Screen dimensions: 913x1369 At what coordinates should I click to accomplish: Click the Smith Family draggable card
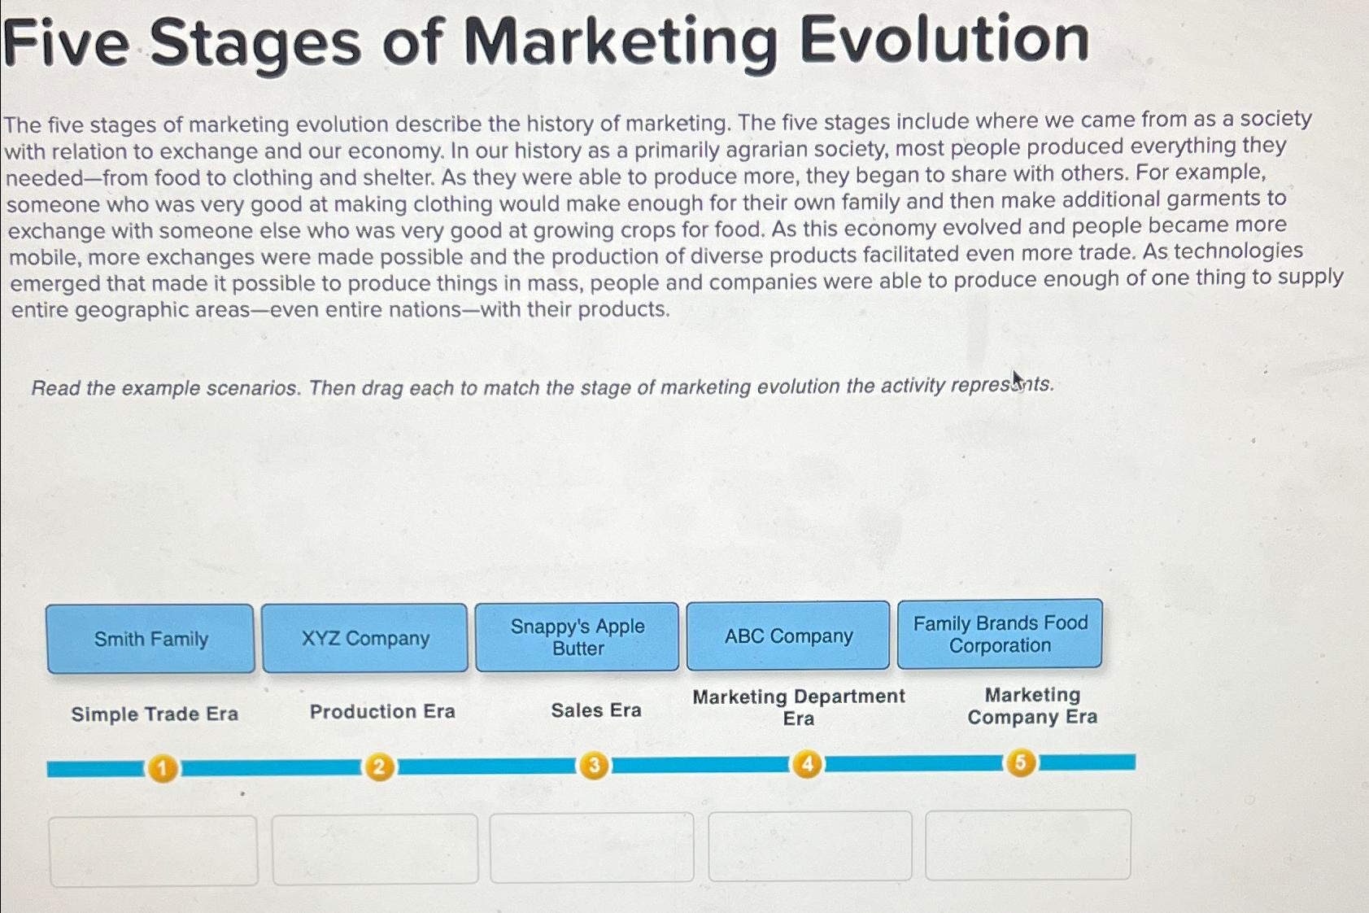click(150, 639)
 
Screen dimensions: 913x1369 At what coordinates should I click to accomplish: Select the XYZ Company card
click(365, 638)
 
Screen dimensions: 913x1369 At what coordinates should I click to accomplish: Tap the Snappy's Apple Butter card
click(577, 637)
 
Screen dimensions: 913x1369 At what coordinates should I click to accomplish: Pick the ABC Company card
click(788, 636)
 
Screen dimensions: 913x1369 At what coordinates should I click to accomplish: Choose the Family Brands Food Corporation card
click(1000, 634)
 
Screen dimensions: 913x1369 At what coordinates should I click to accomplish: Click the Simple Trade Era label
click(155, 714)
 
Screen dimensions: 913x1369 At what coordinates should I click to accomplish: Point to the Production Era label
click(382, 711)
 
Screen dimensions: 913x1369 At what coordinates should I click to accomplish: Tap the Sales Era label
click(596, 710)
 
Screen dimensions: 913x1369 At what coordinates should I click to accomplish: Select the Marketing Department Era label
click(799, 707)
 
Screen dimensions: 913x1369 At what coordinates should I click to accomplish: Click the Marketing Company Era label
click(1032, 705)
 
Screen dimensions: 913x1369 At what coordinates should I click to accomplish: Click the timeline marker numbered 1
click(163, 768)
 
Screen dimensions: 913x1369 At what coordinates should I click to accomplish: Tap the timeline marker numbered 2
click(378, 767)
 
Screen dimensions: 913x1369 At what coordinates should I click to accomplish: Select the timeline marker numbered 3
click(594, 766)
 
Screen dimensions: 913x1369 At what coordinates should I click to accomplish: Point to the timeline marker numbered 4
click(807, 764)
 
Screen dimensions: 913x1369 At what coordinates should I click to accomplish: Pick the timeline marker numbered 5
click(1021, 763)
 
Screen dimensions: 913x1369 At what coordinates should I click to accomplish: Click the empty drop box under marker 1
click(154, 850)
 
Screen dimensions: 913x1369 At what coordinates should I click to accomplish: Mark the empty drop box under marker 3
click(591, 847)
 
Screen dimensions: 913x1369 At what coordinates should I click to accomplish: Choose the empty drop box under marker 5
click(1028, 845)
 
